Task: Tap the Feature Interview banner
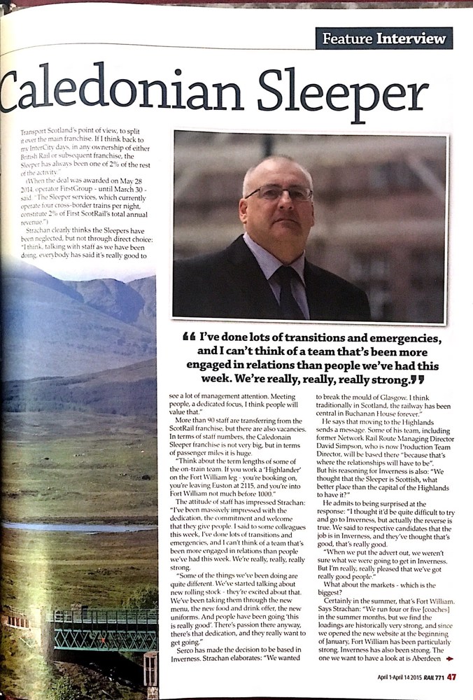[383, 38]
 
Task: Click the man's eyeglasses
[278, 193]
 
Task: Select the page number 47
[452, 676]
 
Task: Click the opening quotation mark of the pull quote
[188, 339]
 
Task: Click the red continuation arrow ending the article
[449, 658]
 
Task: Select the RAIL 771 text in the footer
[432, 677]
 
